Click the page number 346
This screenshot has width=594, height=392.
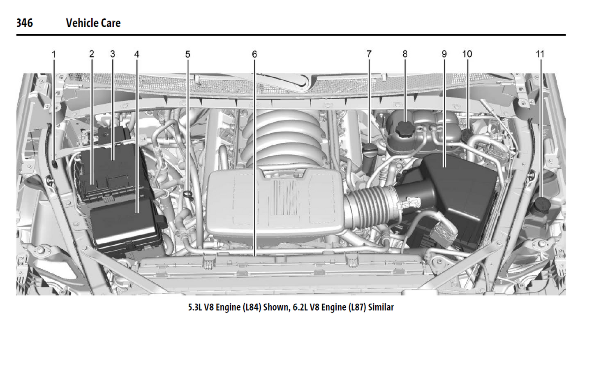click(x=25, y=23)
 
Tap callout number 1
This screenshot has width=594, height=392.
click(x=54, y=54)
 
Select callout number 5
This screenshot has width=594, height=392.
click(x=188, y=54)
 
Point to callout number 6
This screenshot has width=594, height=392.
click(x=254, y=54)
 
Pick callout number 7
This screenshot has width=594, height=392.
click(x=369, y=54)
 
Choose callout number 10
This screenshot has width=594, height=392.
click(x=467, y=54)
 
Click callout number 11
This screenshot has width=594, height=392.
click(x=540, y=54)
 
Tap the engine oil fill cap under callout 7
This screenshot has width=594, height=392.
click(x=369, y=150)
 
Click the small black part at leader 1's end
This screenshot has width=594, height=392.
click(x=54, y=164)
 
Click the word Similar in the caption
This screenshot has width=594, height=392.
click(x=381, y=307)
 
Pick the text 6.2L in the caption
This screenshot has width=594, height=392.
click(x=300, y=307)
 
